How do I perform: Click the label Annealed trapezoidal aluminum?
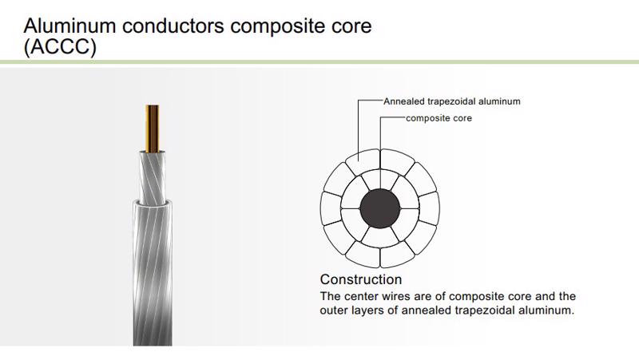(x=452, y=102)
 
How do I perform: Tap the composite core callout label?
(x=439, y=119)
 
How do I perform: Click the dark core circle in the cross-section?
(x=380, y=210)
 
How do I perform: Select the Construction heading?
(x=360, y=280)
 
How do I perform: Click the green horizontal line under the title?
(x=319, y=61)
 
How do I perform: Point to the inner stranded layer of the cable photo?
(x=153, y=172)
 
